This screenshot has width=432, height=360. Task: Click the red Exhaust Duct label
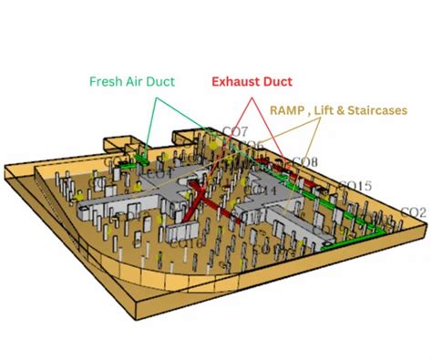pos(251,80)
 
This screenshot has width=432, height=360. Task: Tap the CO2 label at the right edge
pos(413,212)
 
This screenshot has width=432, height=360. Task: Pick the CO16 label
pos(186,242)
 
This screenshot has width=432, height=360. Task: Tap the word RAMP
pos(289,108)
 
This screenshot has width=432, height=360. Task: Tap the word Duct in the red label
pos(276,80)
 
